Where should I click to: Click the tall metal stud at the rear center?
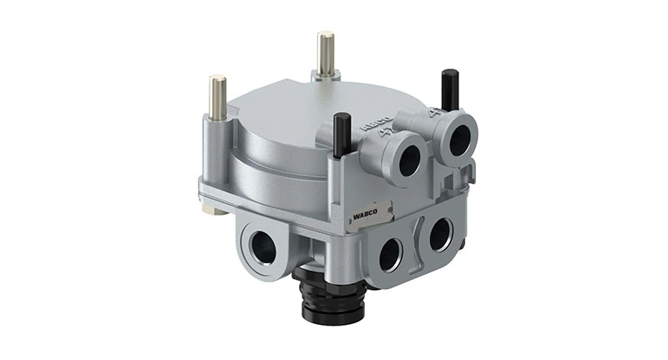pos(324,53)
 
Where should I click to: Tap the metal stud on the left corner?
pos(218,95)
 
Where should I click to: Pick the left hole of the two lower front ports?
pos(390,254)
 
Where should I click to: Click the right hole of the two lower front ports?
pos(440,234)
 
